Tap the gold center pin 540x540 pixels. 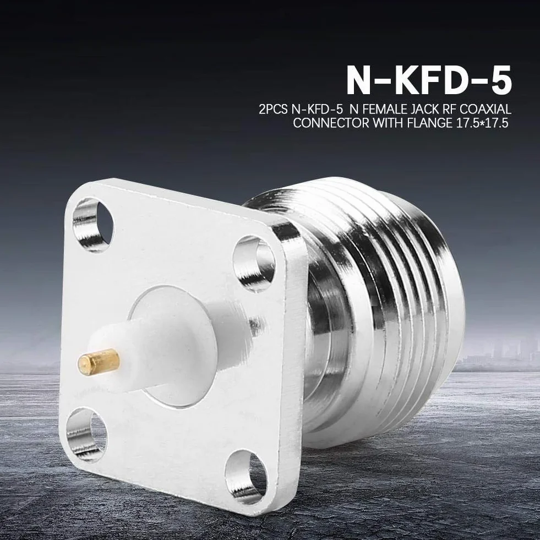[99, 361]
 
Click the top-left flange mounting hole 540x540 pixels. [93, 221]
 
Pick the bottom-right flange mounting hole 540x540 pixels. [246, 473]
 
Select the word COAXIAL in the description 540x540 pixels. [483, 110]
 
